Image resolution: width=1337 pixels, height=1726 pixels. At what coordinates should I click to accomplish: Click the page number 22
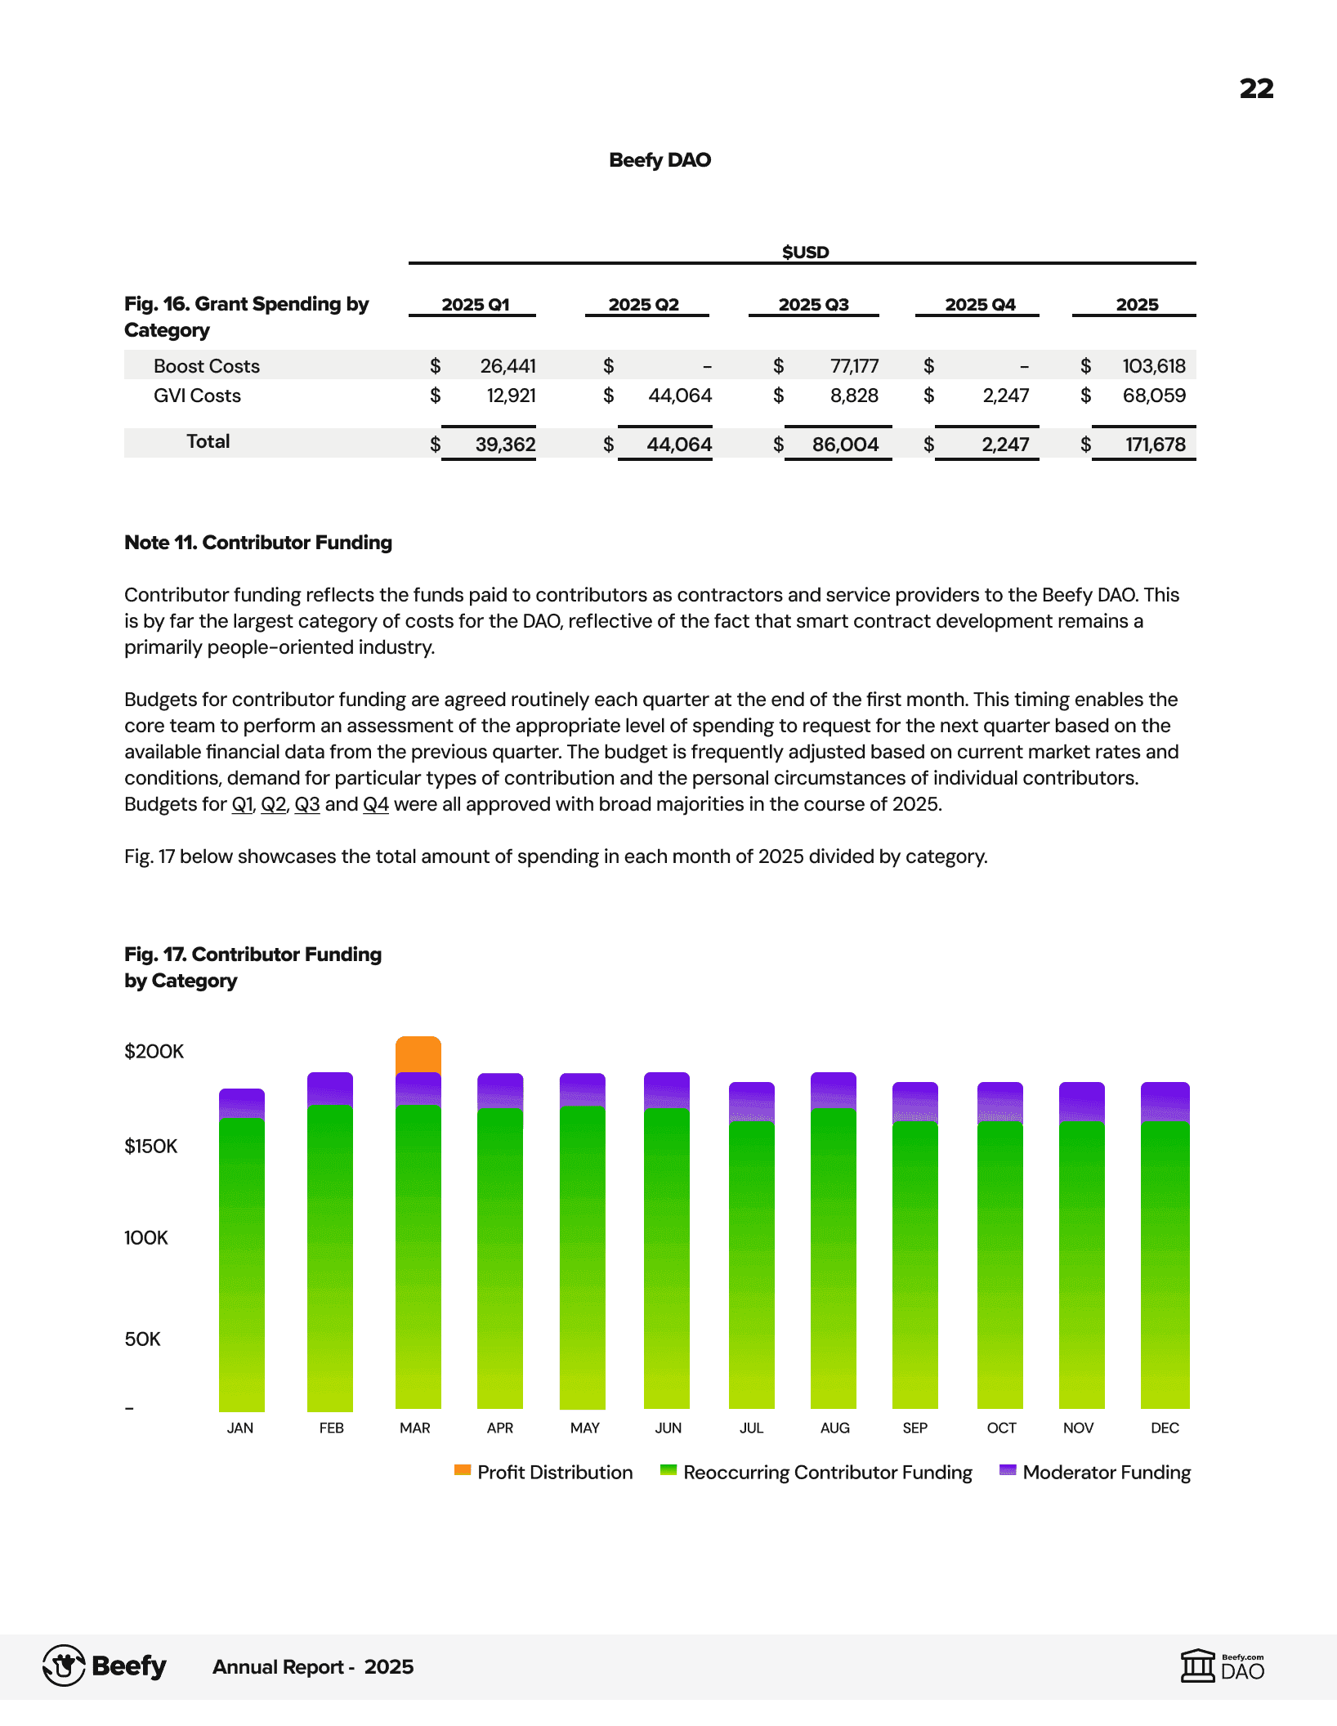(1256, 88)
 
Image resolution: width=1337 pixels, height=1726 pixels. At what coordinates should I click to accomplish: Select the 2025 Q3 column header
(813, 305)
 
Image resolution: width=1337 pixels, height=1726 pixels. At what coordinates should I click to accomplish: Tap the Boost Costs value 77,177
(854, 366)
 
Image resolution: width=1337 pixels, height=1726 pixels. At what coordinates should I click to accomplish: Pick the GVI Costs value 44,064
(680, 396)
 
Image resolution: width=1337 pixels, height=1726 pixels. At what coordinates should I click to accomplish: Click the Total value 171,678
(1155, 445)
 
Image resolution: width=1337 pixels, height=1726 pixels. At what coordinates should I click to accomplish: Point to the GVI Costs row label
(197, 396)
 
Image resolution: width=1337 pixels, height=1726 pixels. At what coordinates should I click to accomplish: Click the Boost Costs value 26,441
(508, 366)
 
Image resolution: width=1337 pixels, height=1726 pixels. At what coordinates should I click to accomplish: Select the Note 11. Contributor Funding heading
(258, 543)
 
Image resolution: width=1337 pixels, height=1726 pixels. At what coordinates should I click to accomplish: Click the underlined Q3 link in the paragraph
(306, 804)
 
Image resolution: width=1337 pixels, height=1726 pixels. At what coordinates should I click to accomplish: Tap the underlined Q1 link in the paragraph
(243, 804)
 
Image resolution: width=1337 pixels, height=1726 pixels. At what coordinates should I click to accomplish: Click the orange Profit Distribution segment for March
(418, 1055)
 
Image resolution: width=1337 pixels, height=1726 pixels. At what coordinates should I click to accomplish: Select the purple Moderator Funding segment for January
(242, 1103)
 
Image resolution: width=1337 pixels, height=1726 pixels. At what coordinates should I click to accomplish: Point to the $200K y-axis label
(154, 1051)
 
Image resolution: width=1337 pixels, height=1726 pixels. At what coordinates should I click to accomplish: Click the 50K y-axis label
(142, 1339)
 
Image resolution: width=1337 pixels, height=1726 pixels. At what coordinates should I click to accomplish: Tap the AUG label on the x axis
(834, 1428)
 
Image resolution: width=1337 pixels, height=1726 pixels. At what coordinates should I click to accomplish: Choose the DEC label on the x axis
(1165, 1428)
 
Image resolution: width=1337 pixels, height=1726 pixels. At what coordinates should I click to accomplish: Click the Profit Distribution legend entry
(544, 1472)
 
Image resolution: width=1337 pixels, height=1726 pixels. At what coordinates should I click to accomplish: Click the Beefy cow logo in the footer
(64, 1666)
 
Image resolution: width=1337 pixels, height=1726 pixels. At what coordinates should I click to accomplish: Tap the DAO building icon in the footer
(1198, 1666)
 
